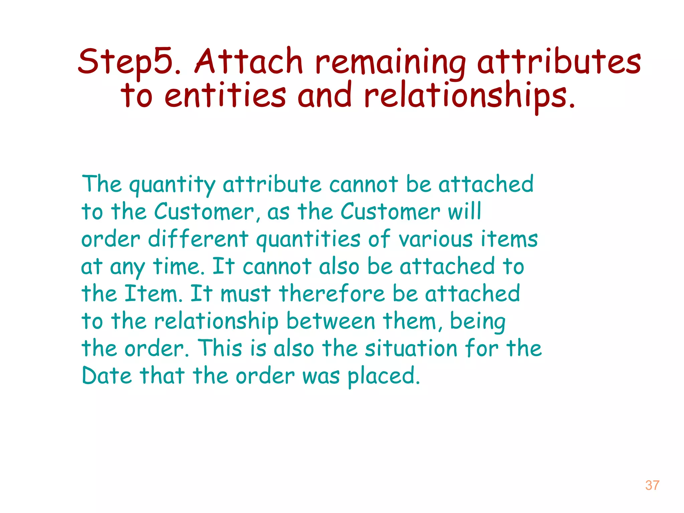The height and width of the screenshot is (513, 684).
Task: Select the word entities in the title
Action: click(x=225, y=96)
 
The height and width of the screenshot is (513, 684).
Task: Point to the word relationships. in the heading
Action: click(x=469, y=96)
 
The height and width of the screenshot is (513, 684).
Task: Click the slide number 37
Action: click(x=652, y=485)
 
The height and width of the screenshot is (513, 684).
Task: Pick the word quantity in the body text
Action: click(x=172, y=185)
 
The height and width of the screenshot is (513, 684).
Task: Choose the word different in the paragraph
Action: click(x=198, y=239)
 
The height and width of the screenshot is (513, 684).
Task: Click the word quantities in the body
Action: click(x=308, y=240)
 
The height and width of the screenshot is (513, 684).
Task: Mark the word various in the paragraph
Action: click(x=435, y=239)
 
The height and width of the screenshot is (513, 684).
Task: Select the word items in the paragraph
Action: click(x=509, y=239)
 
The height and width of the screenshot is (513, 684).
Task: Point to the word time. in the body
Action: click(x=179, y=267)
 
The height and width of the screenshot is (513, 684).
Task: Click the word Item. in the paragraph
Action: click(x=153, y=294)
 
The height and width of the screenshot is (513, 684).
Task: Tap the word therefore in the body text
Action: click(x=332, y=294)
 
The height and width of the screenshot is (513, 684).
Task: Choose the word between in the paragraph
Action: click(x=330, y=321)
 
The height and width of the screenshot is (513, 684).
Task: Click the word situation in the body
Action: click(x=410, y=349)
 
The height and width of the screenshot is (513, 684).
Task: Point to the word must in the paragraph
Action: click(x=245, y=294)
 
